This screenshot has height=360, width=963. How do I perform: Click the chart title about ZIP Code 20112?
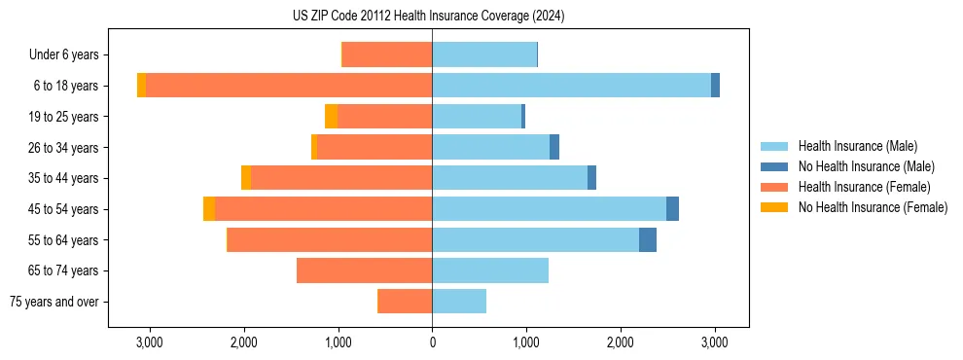coord(428,17)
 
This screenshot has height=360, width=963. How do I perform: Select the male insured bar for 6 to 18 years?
coord(571,86)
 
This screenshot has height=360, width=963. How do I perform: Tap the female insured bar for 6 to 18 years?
coord(289,86)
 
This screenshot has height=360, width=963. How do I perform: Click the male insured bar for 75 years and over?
coord(459,302)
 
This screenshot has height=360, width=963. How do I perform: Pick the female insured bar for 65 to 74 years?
coord(365,270)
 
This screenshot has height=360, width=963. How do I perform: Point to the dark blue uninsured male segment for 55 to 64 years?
coord(648,240)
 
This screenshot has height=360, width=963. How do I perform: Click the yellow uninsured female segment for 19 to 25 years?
coord(331,117)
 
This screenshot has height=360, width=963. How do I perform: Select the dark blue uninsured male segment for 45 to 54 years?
coord(672,209)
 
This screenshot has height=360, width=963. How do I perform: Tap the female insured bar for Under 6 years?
coord(387,55)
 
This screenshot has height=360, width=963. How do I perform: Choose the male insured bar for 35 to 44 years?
coord(510,178)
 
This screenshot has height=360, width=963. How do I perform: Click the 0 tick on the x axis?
coord(432,342)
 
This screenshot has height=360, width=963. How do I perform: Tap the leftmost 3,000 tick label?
coord(149,342)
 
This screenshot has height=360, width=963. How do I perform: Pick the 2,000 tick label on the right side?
coord(621,342)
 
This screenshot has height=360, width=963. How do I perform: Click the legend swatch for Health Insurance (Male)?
coord(774,146)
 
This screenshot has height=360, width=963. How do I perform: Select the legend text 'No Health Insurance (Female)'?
coord(873,207)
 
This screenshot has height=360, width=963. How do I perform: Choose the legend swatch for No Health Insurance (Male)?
coord(774,166)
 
